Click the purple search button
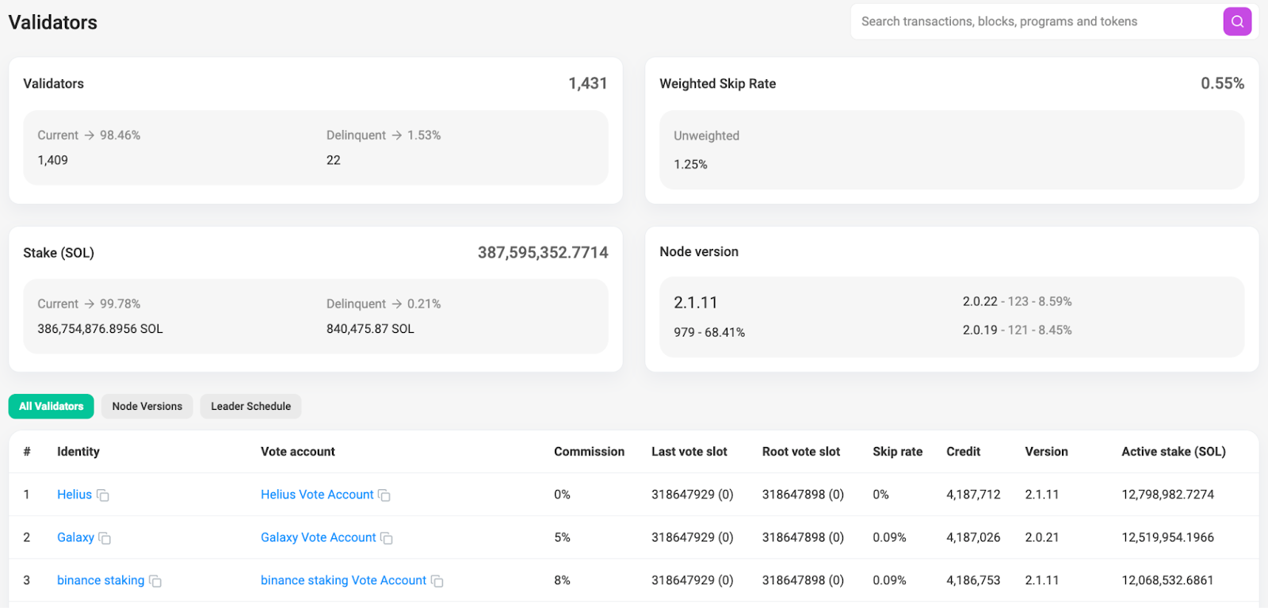click(x=1237, y=21)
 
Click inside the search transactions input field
click(x=1036, y=21)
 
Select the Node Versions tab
click(x=147, y=407)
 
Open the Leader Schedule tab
click(x=250, y=407)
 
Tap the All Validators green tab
click(x=51, y=407)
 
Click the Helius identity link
click(x=74, y=494)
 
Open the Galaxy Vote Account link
click(x=318, y=537)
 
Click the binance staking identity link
click(x=101, y=580)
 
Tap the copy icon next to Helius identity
click(x=102, y=495)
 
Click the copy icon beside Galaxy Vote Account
click(x=387, y=537)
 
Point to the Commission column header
click(x=589, y=452)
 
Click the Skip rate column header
click(x=897, y=452)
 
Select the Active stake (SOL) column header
click(x=1174, y=452)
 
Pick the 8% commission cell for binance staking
click(x=562, y=580)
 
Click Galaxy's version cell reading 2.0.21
click(x=1041, y=537)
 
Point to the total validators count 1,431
click(x=587, y=84)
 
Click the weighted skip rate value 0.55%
click(x=1222, y=84)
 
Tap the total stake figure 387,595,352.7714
click(x=543, y=253)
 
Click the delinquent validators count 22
click(x=334, y=160)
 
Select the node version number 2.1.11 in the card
click(x=695, y=303)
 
